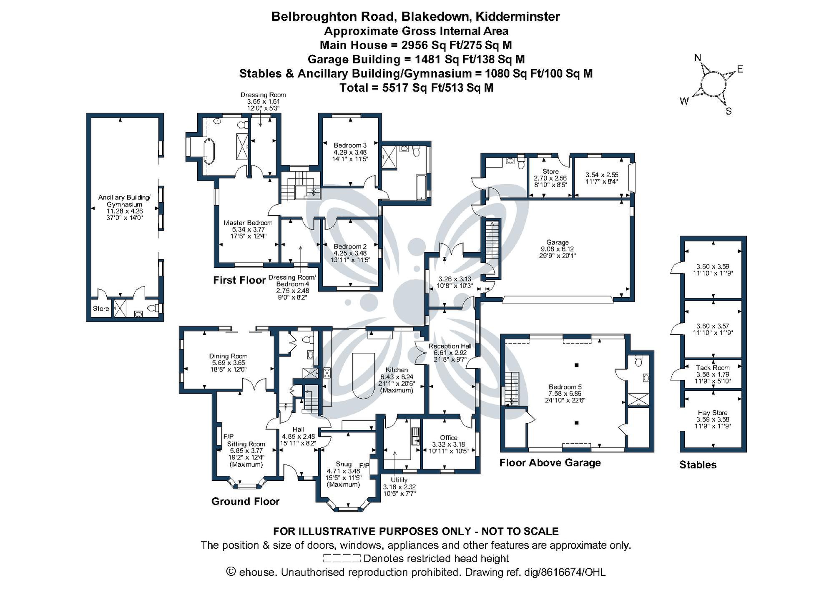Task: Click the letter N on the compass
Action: point(698,58)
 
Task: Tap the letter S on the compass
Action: point(728,111)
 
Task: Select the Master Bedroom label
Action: point(248,223)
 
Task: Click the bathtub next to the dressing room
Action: point(208,149)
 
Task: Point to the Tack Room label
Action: point(713,367)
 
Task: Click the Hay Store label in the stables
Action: point(713,412)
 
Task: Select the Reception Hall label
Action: point(450,346)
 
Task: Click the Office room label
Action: point(449,437)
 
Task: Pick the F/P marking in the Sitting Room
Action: point(229,436)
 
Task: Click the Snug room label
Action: point(343,464)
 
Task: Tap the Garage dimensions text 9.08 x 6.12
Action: point(557,249)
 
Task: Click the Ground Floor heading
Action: point(245,501)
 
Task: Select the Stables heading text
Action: point(698,464)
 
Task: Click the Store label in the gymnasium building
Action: point(101,309)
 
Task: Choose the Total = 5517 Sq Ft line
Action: point(416,88)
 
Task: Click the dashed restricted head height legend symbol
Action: point(342,558)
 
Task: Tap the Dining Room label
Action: point(228,356)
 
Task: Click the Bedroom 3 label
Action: point(350,145)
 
